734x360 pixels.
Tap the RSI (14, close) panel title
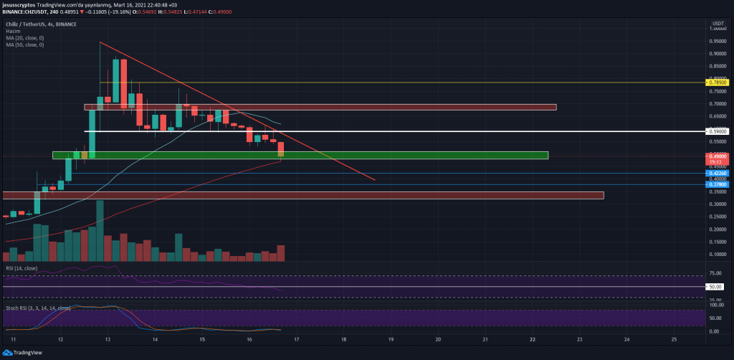pyautogui.click(x=22, y=268)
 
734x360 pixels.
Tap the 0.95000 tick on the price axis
pyautogui.click(x=717, y=40)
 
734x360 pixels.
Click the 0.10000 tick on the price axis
pyautogui.click(x=717, y=255)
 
